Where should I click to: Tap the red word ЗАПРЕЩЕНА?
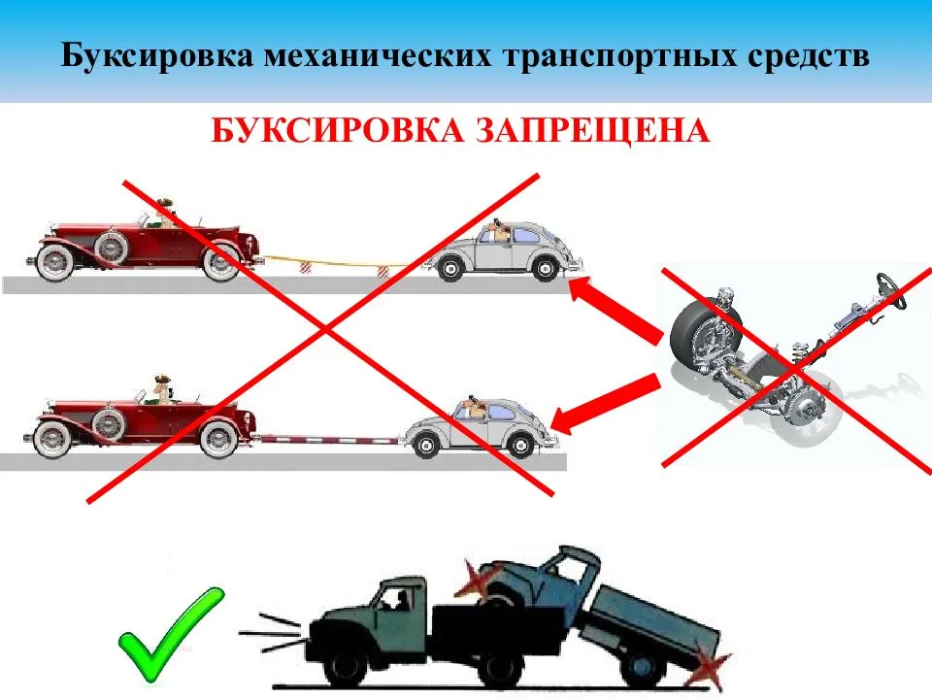point(591,129)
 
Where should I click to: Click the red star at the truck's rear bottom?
point(713,668)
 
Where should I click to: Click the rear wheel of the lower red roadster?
point(221,438)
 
